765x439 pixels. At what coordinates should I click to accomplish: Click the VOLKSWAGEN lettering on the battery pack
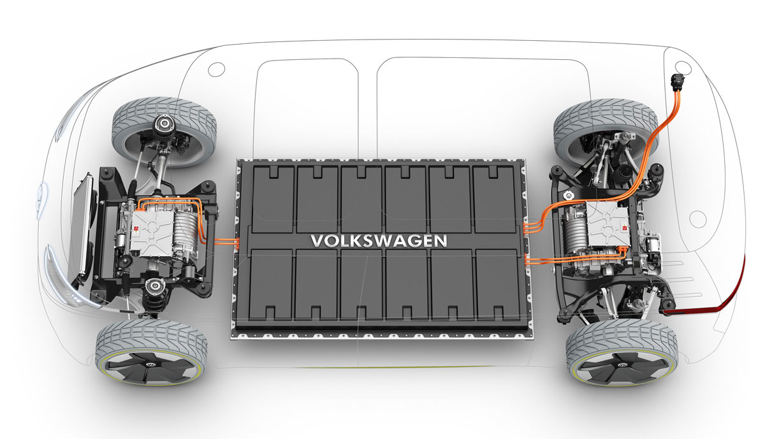379,241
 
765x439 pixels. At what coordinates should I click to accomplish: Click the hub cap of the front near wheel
150,366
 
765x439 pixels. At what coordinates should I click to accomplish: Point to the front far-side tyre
164,132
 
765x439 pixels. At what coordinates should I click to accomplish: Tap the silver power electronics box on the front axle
152,233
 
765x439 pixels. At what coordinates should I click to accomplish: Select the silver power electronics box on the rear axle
608,224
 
